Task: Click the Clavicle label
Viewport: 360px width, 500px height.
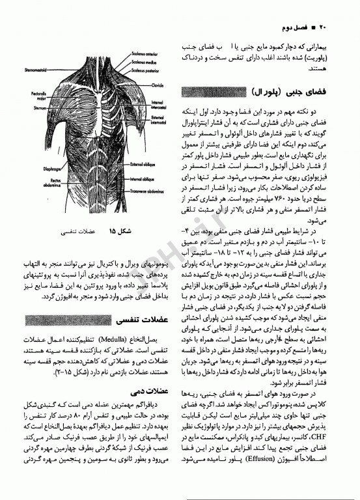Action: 158,84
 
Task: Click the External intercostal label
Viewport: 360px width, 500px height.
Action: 159,118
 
